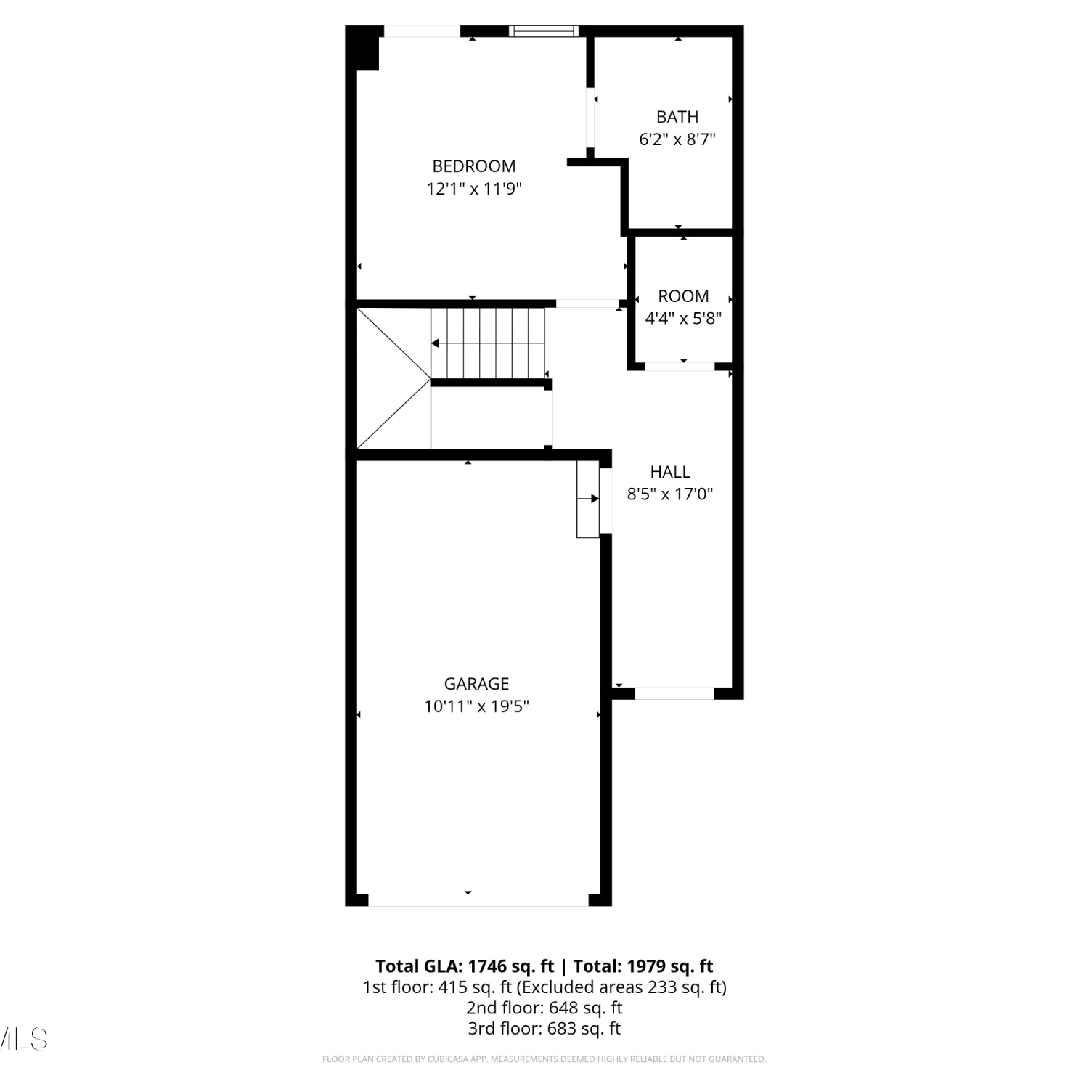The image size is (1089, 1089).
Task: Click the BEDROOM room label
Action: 474,166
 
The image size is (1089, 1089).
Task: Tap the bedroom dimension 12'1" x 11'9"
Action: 474,189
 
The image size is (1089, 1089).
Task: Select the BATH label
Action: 677,117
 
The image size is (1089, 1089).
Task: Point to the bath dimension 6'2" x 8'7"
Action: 677,139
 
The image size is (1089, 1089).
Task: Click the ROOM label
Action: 683,296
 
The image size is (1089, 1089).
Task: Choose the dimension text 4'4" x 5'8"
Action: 683,318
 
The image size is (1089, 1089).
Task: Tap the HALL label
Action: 670,472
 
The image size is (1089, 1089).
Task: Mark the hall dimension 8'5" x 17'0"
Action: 670,494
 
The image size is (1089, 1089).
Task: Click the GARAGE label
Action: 476,684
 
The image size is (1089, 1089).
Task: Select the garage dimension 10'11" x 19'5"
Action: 476,706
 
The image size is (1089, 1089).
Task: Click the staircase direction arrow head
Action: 436,343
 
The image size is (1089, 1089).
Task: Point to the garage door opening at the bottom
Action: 478,900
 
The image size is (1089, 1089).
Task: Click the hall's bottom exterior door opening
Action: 674,694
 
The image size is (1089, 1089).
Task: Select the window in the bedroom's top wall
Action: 544,31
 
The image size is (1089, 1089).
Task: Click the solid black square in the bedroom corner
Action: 363,49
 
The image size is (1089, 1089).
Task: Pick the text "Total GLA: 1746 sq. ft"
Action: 465,966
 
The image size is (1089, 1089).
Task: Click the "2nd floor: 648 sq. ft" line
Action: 544,1008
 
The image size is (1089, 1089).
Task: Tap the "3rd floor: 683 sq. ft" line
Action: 544,1029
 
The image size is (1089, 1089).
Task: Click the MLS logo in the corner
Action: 23,1039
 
